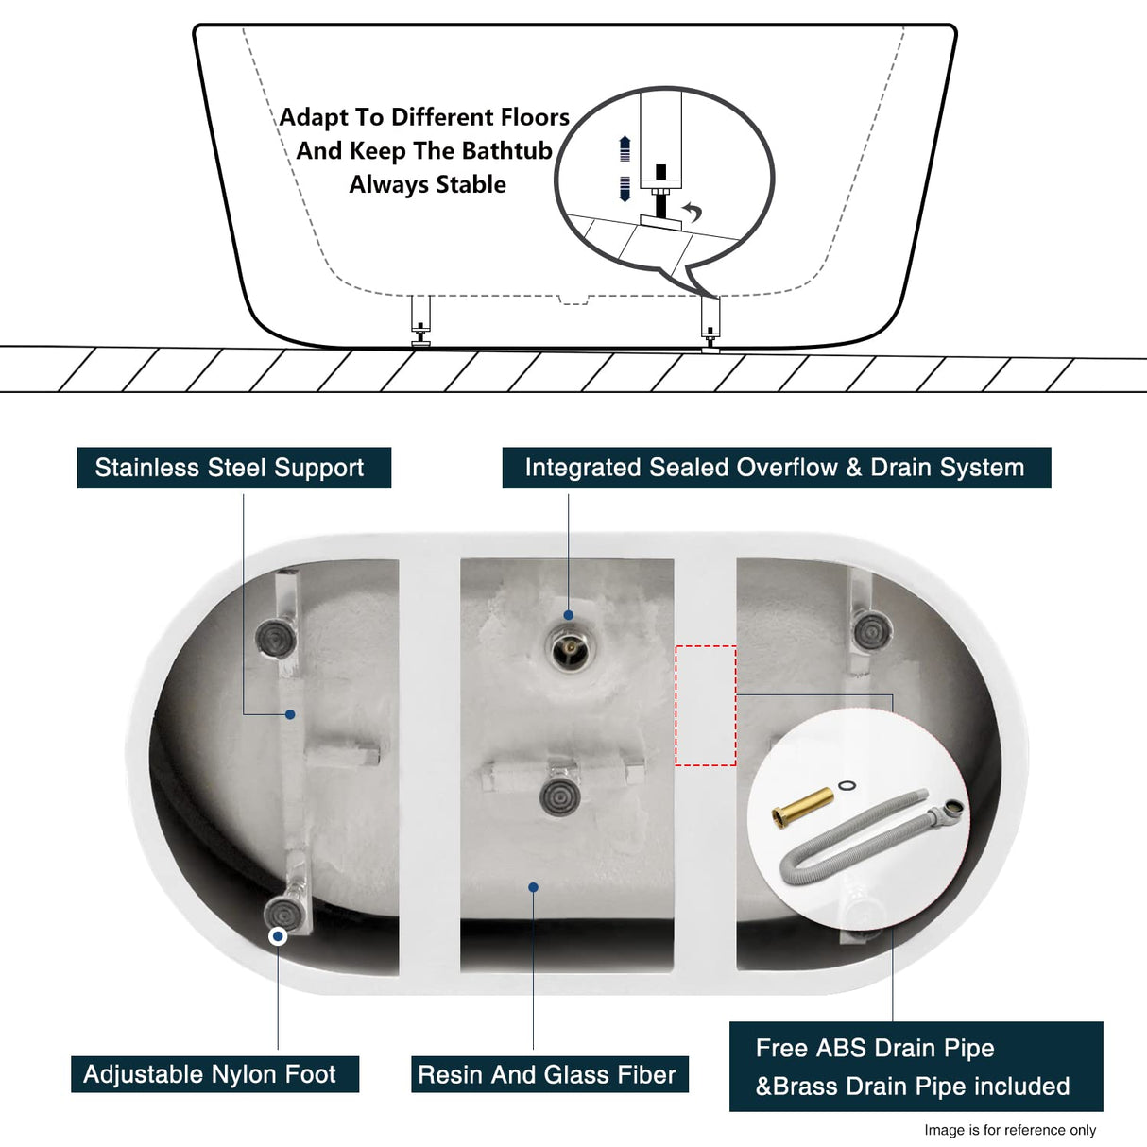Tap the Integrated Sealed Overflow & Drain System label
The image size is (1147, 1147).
point(775,468)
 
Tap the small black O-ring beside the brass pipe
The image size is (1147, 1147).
point(847,785)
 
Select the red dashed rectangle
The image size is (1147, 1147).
point(706,705)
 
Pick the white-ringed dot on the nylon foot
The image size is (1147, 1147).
point(278,936)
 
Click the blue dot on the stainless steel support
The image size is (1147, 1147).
point(290,714)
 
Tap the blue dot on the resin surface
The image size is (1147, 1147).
point(533,887)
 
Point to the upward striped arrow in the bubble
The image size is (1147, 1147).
point(625,148)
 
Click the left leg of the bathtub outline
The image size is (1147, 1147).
point(420,320)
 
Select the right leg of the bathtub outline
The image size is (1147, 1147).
point(710,321)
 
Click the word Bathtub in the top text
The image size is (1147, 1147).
point(506,151)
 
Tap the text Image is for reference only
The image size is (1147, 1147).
point(1009,1130)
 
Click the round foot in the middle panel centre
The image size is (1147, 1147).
point(559,796)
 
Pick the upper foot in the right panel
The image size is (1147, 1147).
point(870,630)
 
